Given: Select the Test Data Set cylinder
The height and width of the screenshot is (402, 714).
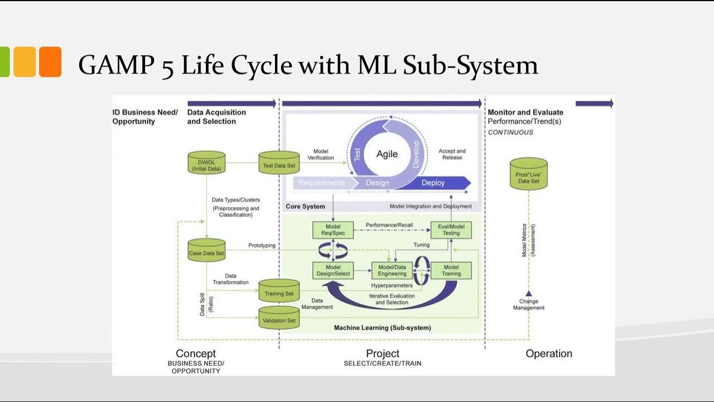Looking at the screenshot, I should tap(279, 162).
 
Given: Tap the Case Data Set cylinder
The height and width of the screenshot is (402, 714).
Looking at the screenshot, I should tap(206, 250).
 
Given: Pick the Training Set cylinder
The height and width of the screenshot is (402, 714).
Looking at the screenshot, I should tap(279, 290).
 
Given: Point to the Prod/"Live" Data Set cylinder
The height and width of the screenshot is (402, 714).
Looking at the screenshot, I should tap(528, 174).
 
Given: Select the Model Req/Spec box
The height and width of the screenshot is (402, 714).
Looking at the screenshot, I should tap(333, 229).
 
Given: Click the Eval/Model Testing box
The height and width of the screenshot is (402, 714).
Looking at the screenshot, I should tap(451, 229).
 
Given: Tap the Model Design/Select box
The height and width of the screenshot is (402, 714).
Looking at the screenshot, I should tap(333, 270).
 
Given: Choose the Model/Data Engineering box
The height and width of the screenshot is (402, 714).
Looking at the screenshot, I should tap(392, 270).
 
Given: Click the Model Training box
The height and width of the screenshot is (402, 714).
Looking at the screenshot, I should tap(451, 270).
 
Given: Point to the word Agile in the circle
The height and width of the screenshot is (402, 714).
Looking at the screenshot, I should tap(387, 154).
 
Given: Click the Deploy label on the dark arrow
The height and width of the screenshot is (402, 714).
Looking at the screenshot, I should tap(433, 183).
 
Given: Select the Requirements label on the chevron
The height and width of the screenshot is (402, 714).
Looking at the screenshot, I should tap(321, 183).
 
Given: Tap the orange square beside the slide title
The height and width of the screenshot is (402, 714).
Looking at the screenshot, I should tap(50, 61).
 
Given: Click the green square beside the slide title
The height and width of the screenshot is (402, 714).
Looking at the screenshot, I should tap(4, 61).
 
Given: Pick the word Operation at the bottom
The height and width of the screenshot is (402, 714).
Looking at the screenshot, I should tap(548, 353).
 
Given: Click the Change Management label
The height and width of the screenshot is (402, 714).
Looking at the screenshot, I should tap(528, 304).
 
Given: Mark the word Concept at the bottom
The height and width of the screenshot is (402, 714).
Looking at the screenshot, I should tap(196, 353).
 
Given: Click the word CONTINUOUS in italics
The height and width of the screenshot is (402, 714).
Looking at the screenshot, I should tap(510, 132).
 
